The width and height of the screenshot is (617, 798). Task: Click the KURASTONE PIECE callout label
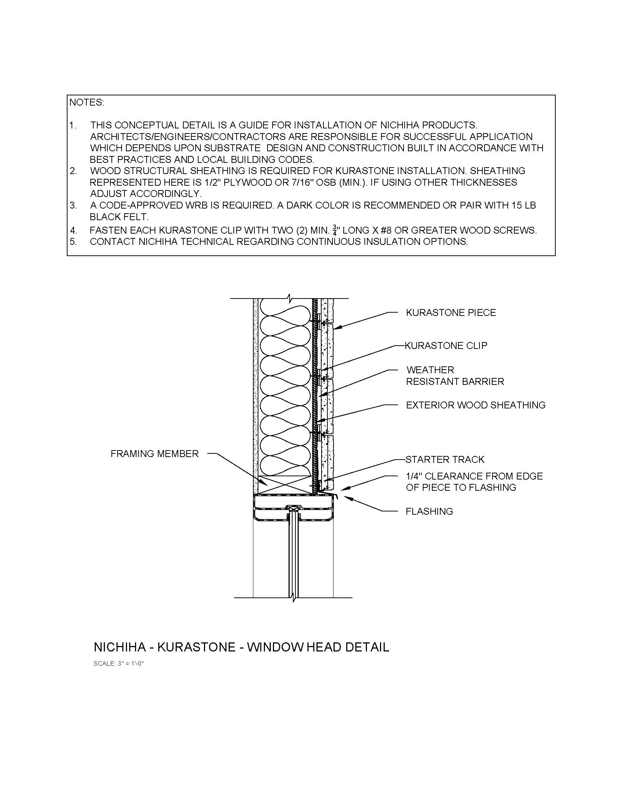[x=451, y=313]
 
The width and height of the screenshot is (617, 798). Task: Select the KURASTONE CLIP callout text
[x=446, y=346]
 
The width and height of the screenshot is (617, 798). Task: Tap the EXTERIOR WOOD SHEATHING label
[x=475, y=405]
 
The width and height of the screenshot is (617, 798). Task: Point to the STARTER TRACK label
[x=445, y=460]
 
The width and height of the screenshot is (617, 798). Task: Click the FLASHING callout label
[x=429, y=511]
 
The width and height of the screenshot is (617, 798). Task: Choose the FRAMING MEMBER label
[x=154, y=454]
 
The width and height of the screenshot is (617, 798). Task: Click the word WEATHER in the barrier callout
[x=430, y=370]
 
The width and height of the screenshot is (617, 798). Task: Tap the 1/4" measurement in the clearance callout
[x=414, y=477]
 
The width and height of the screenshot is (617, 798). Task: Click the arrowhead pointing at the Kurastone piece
[x=337, y=328]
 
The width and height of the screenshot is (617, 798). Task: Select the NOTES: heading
[x=87, y=103]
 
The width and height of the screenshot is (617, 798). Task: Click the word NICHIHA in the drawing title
[x=119, y=647]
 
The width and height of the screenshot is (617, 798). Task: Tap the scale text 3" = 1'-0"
[x=131, y=664]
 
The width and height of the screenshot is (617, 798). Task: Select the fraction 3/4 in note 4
[x=335, y=230]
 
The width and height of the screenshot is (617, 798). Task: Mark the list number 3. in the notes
[x=73, y=205]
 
